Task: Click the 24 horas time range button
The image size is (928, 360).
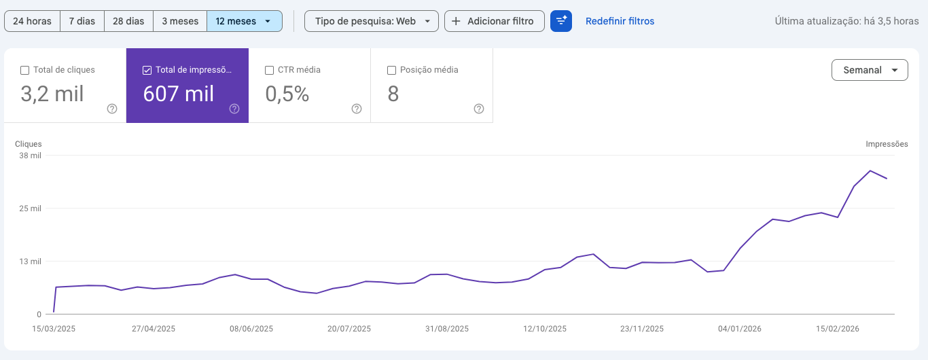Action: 32,21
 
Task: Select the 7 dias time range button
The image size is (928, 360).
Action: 82,21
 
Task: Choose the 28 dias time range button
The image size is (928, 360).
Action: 128,21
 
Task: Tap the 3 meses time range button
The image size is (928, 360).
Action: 180,21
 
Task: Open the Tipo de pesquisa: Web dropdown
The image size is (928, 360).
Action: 371,21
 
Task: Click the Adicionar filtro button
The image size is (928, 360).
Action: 494,21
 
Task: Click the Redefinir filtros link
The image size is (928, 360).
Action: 620,21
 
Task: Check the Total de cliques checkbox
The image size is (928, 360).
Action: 25,70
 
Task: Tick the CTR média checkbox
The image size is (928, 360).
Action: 270,70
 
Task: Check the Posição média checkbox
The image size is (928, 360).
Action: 391,70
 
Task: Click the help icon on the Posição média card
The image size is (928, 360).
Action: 479,109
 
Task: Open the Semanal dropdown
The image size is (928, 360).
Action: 870,70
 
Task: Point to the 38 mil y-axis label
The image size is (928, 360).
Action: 31,156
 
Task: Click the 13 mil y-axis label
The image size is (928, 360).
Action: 31,262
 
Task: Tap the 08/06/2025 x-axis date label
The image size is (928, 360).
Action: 251,329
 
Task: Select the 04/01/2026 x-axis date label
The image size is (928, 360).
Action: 740,329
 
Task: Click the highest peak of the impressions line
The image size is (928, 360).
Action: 870,170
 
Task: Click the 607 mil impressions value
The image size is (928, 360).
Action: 179,94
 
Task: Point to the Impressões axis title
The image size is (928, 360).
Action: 887,144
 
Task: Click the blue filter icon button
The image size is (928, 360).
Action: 561,21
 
